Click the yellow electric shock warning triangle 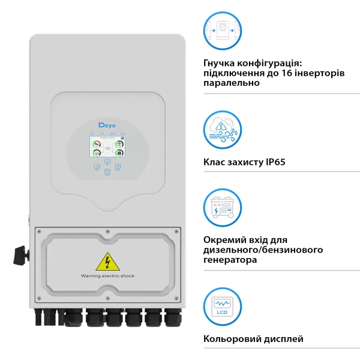click(107, 262)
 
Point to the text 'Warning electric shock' click(108, 276)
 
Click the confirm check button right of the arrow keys click(118, 167)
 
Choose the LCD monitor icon click(223, 306)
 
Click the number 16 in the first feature click(277, 73)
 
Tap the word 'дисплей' click(283, 339)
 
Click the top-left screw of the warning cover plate click(38, 231)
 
